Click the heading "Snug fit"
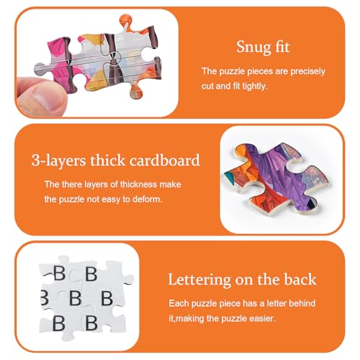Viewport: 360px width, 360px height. point(263,47)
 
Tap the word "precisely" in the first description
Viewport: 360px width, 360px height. point(308,71)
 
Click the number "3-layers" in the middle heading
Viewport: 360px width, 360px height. point(58,160)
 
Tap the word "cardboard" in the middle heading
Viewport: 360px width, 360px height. point(164,160)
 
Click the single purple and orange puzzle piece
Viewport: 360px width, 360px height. point(276,178)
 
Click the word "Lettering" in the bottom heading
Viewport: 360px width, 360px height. point(199,280)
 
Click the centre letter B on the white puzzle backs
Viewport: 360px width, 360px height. point(76,298)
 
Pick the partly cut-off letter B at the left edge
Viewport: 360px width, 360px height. point(45,297)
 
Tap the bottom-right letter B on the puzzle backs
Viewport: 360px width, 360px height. point(91,323)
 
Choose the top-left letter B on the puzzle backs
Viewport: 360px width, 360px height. point(59,273)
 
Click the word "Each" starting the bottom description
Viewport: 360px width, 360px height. point(179,303)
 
